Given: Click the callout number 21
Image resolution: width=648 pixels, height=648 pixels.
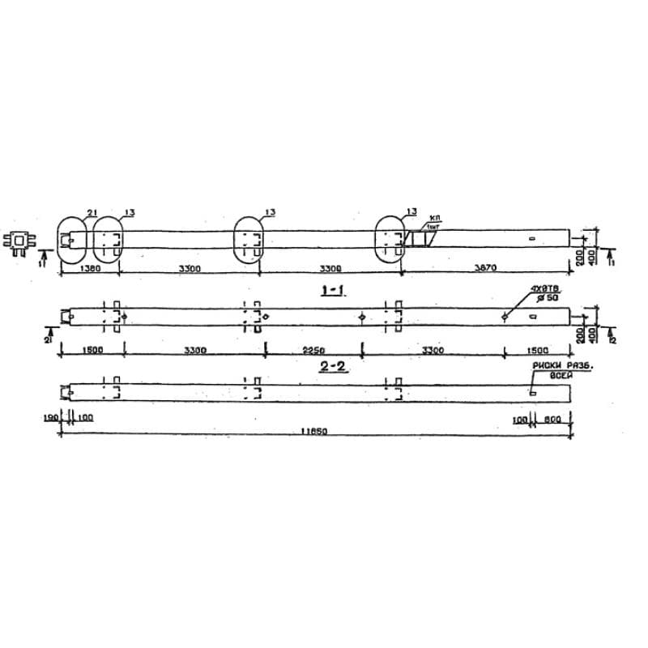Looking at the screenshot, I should tap(92, 213).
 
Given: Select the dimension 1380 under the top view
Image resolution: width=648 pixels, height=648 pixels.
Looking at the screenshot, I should tap(91, 269).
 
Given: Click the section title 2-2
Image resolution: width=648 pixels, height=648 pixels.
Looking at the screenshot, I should tap(332, 367).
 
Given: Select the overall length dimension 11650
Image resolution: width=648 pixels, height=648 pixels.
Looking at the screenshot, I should tap(313, 432).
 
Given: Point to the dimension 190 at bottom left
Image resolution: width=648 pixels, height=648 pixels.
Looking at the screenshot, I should tap(52, 418).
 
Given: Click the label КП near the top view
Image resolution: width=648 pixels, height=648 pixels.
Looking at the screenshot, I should tap(435, 219).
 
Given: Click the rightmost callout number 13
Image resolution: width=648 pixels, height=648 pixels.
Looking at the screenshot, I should tap(411, 212).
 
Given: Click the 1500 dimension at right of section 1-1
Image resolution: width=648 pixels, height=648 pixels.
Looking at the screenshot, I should tap(537, 351).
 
